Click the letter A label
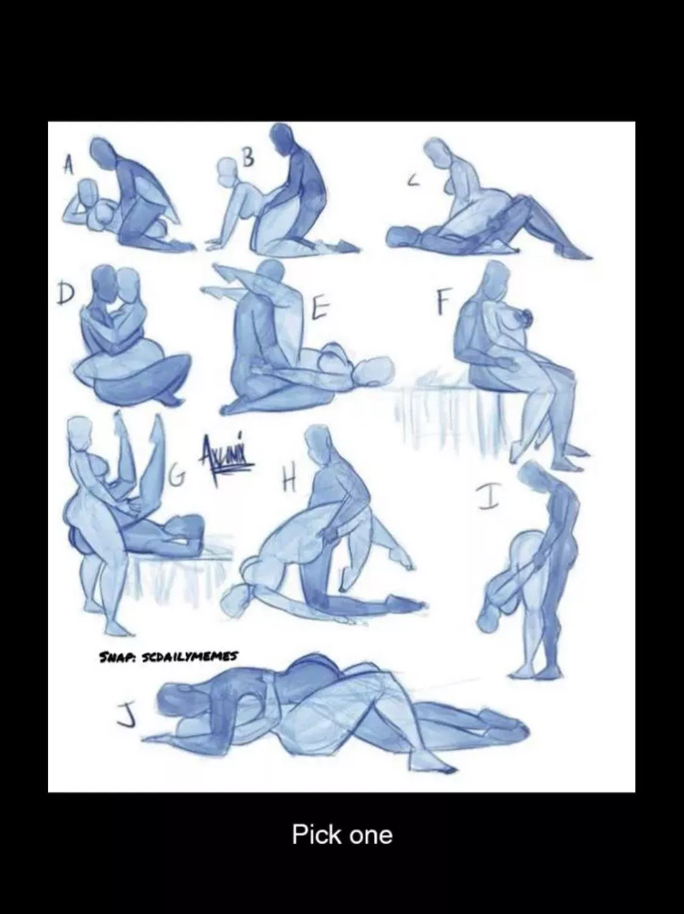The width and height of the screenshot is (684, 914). coord(71,165)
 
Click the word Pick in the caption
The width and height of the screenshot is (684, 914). coord(316,834)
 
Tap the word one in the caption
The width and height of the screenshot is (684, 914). coord(370,835)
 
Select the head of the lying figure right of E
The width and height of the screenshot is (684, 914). coord(373,372)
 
